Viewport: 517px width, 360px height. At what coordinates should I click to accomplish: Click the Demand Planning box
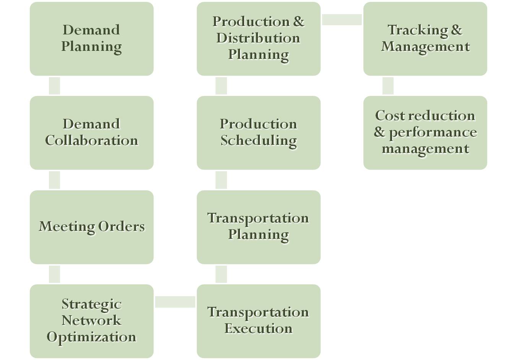coord(92,39)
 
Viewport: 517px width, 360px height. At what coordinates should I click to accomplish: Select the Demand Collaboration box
coord(92,133)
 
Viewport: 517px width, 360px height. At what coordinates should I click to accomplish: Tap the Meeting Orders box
coord(92,227)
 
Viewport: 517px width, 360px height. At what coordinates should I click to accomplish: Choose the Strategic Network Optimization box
coord(92,321)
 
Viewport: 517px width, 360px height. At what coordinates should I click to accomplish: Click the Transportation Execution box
coord(258,321)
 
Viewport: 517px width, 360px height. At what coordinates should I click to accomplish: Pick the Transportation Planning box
coord(258,227)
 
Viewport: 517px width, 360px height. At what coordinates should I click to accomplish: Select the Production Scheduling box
coord(258,133)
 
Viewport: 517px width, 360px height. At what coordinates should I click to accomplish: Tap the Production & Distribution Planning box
coord(258,39)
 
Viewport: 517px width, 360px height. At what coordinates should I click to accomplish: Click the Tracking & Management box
coord(425,39)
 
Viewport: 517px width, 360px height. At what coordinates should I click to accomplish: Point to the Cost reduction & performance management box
coord(425,133)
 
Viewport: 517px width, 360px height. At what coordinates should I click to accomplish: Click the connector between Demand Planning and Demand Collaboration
coord(54,86)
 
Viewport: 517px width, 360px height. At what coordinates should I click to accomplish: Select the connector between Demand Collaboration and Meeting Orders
coord(54,180)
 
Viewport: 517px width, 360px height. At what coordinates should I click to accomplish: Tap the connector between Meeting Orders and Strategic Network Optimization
coord(54,274)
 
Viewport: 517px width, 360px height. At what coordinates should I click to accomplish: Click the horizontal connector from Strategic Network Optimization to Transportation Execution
coord(175,302)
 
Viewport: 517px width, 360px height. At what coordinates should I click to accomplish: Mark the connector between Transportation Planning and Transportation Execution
coord(221,274)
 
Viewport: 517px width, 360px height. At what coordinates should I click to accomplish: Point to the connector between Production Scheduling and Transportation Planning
coord(221,180)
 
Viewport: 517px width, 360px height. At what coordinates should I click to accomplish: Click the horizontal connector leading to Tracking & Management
coord(342,19)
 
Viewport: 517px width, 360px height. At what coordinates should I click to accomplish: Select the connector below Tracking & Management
coord(388,86)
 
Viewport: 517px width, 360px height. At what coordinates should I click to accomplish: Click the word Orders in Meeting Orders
coord(122,227)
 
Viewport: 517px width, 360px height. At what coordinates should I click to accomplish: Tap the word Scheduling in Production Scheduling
coord(258,141)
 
